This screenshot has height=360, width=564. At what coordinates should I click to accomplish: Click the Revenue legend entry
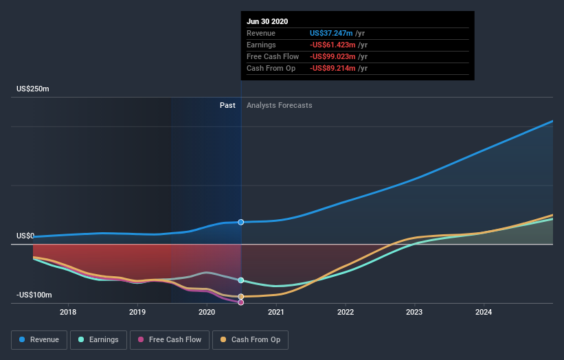click(40, 339)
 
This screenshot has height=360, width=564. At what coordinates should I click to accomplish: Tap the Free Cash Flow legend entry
click(169, 339)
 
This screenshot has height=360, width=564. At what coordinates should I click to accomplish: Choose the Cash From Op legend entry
click(251, 339)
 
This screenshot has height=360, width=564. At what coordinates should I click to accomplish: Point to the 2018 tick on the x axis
click(68, 312)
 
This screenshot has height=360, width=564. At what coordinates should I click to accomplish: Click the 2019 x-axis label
click(137, 312)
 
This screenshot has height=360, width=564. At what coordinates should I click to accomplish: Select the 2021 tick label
click(276, 312)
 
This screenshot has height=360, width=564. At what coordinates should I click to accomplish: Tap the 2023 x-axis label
click(414, 312)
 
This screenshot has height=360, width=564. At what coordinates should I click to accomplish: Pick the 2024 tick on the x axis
click(484, 312)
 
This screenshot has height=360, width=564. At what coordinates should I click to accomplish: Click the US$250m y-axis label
click(34, 89)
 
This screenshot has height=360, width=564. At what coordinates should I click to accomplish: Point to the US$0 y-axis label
click(25, 236)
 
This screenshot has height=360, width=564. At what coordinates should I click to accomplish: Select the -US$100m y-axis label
click(34, 295)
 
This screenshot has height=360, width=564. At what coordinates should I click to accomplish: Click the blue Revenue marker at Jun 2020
click(241, 222)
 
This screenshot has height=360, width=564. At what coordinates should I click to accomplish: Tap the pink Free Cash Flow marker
click(241, 302)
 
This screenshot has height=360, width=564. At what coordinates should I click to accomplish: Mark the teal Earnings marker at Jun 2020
click(241, 280)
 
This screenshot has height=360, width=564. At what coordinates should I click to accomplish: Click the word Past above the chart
click(228, 105)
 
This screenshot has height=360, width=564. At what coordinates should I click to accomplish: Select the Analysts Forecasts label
click(279, 105)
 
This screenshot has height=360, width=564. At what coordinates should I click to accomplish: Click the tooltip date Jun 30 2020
click(268, 21)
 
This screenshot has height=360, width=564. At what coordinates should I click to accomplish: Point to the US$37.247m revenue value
click(331, 33)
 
